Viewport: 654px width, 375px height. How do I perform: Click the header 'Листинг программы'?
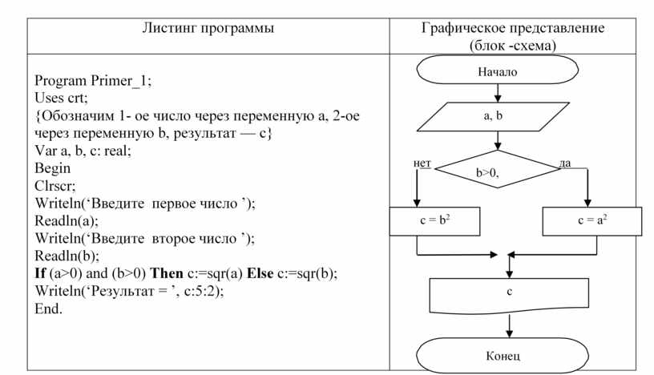point(208,28)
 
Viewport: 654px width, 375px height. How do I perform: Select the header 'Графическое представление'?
point(512,28)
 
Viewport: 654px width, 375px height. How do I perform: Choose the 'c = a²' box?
point(591,220)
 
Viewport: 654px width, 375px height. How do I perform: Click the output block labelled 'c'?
point(509,292)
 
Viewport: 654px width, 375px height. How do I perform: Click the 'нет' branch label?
point(422,163)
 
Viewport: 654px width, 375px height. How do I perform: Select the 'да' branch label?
point(565,163)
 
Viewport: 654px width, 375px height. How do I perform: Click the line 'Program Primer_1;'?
point(92,80)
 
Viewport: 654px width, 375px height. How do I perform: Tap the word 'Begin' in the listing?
point(52,168)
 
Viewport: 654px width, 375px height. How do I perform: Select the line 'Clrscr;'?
point(54,186)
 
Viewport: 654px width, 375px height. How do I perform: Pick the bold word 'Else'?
point(260,273)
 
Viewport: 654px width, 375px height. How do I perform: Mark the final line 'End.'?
point(48,308)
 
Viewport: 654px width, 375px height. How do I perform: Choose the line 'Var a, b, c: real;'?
point(82,151)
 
